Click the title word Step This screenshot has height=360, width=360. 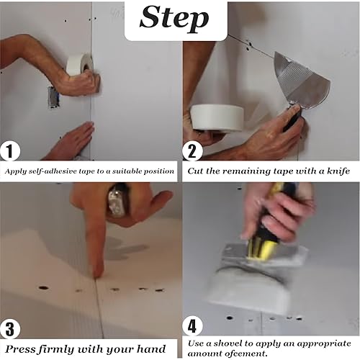coord(174,19)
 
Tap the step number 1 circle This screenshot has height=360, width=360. coord(10,151)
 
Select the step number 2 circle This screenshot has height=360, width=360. coord(192,151)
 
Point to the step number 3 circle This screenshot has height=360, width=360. coord(10,328)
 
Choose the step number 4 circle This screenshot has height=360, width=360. coord(192,326)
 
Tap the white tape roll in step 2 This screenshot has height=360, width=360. coord(217,118)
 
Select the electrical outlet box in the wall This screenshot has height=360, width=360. coord(53,97)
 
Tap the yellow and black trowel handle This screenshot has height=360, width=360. coord(269,230)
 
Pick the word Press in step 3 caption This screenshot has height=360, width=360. coord(20,348)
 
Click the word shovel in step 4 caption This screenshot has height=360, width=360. coord(228,343)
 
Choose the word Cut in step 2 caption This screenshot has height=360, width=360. coord(195,171)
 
